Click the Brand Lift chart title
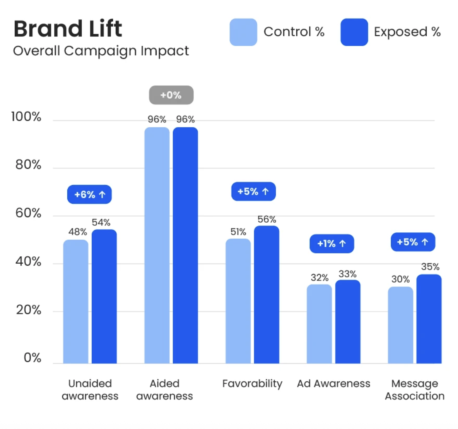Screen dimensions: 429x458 tap(68, 29)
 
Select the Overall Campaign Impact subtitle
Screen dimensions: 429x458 tap(101, 51)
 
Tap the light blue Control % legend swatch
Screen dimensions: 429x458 tap(243, 32)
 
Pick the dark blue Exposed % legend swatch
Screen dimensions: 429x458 tap(354, 32)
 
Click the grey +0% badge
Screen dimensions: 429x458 tap(171, 95)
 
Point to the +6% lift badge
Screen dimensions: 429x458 tap(89, 194)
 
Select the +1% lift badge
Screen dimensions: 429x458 tap(332, 244)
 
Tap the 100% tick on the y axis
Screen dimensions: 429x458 tap(26, 117)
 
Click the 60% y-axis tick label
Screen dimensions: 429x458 tap(28, 213)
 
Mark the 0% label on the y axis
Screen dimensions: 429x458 tap(32, 357)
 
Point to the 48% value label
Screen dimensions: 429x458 tap(77, 232)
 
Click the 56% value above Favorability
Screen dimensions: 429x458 tap(267, 220)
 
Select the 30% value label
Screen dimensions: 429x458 tap(400, 279)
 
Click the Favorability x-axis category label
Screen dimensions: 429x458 tap(252, 384)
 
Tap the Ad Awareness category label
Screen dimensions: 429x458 tap(333, 384)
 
